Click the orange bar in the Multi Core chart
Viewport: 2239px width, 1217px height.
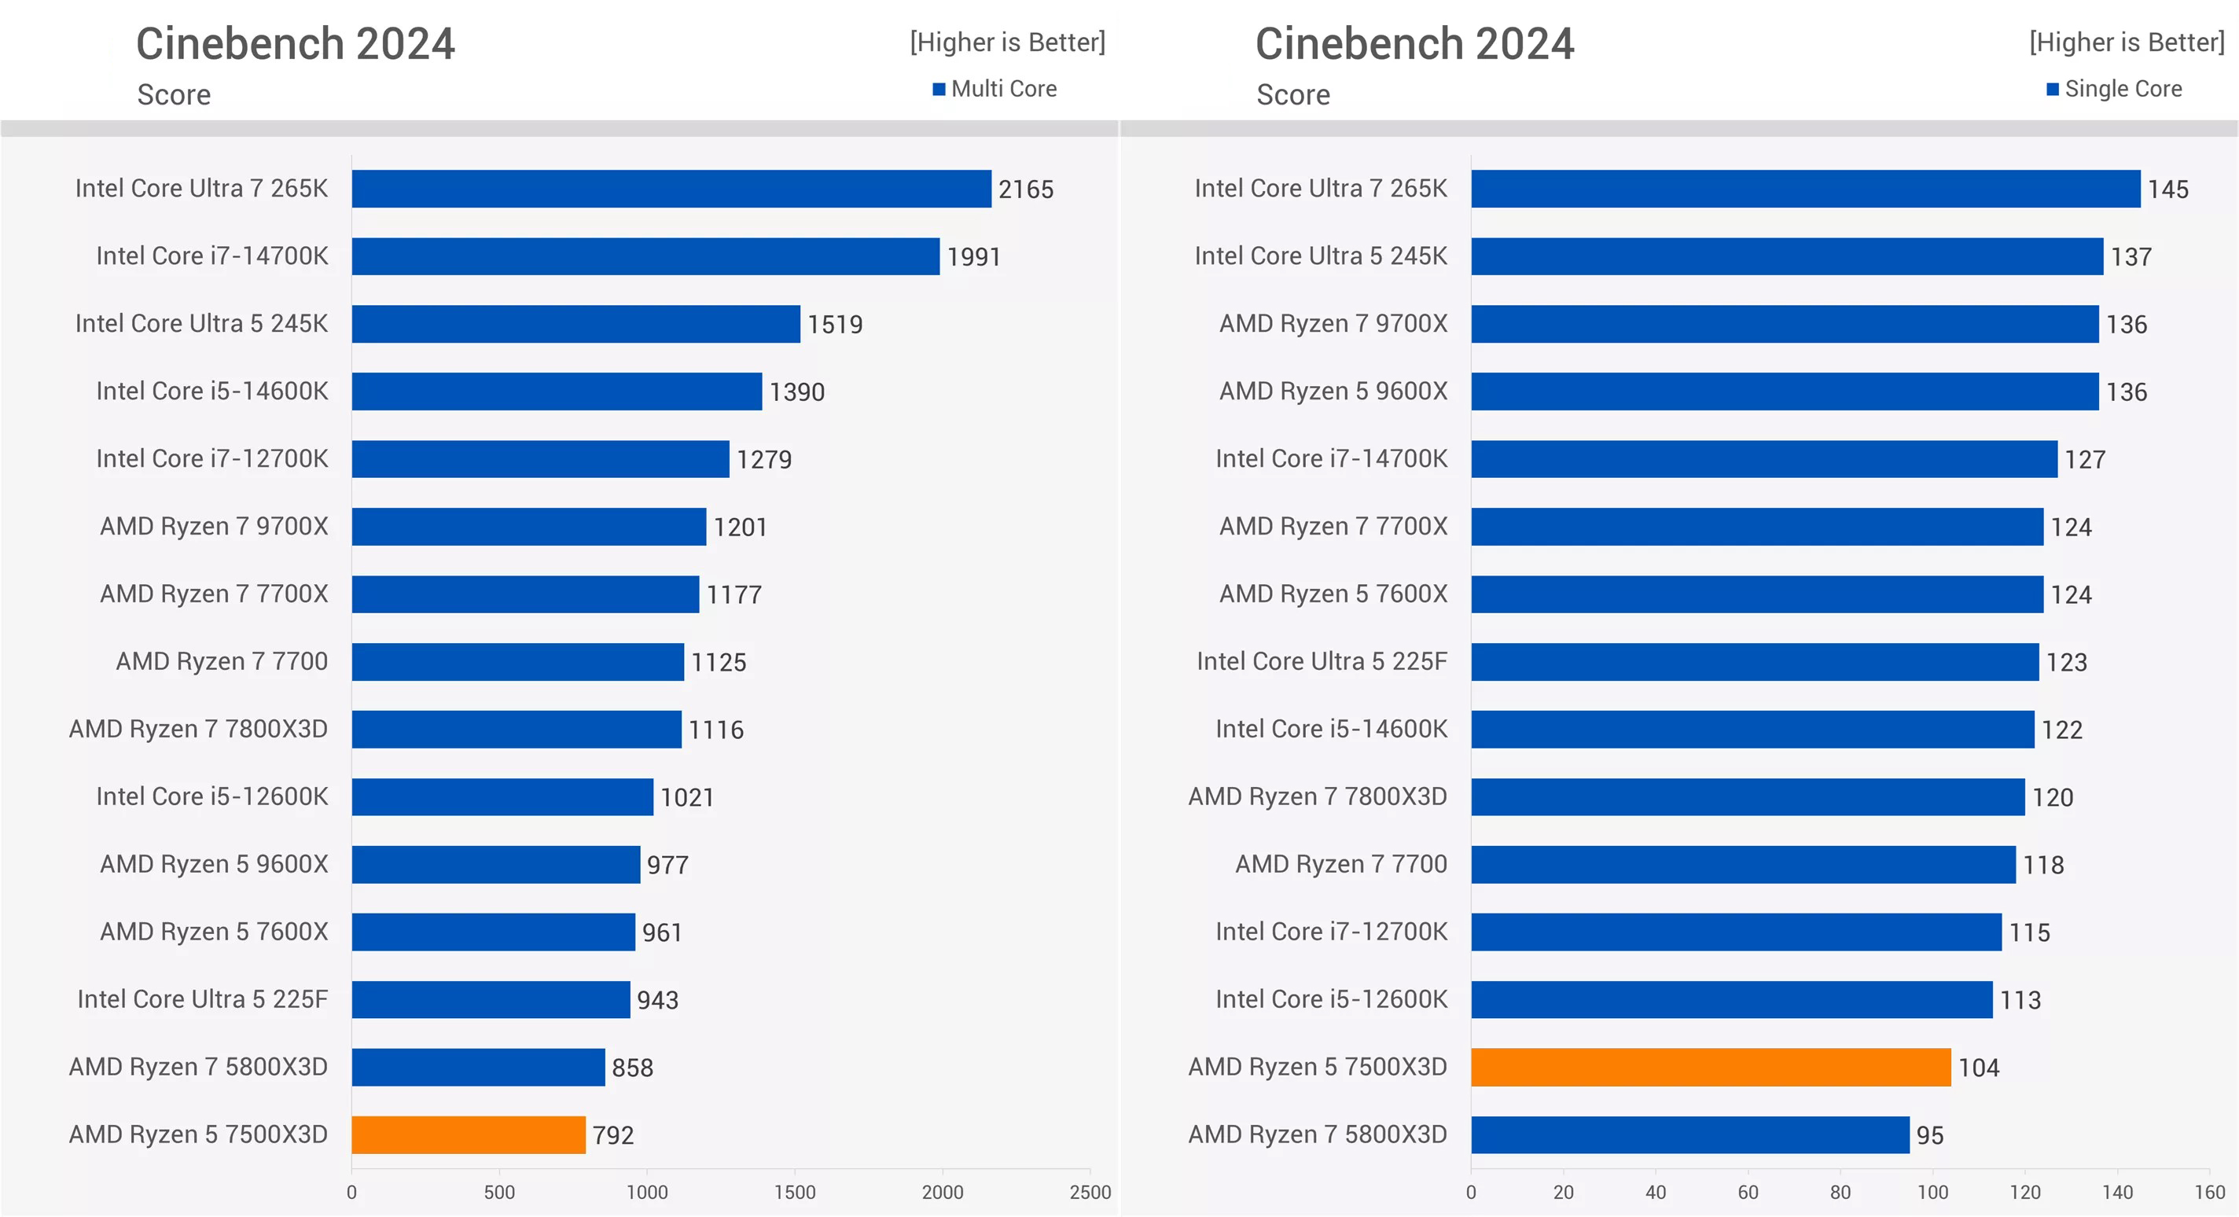click(469, 1134)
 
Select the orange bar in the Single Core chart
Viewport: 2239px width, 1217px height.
click(1711, 1067)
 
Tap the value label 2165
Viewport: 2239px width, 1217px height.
click(1026, 189)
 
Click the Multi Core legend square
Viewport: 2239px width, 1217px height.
click(939, 89)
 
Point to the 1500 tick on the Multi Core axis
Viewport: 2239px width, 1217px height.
click(795, 1192)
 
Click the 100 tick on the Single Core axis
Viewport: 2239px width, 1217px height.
click(1932, 1192)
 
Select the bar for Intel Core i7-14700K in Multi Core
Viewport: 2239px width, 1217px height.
click(645, 256)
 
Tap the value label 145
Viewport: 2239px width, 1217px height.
click(2167, 189)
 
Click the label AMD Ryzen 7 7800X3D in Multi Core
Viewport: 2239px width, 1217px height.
click(198, 729)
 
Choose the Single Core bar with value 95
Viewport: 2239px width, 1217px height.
click(1689, 1134)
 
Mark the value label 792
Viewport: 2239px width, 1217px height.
click(612, 1134)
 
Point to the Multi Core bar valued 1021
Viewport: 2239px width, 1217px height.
click(502, 796)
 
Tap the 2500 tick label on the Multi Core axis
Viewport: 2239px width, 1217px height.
click(1090, 1192)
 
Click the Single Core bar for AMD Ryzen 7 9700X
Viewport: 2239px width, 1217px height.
click(1785, 323)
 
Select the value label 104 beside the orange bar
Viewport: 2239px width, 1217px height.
click(1978, 1068)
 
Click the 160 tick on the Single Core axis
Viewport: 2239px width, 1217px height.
click(2209, 1192)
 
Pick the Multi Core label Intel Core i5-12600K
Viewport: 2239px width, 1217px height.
click(212, 796)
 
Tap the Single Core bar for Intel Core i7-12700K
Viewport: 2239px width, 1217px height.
click(1736, 932)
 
